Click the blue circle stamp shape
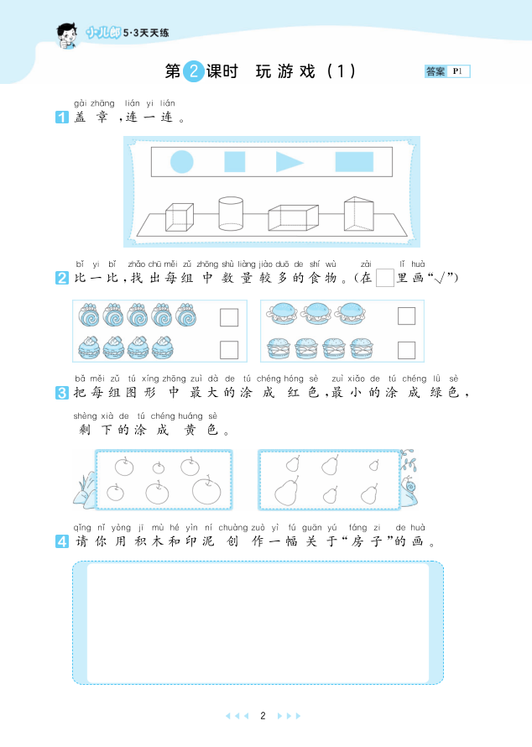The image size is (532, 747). coord(182,161)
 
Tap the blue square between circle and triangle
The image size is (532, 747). coord(235,161)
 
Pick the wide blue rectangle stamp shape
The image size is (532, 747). coord(354,161)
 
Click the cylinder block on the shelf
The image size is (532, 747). coord(231,214)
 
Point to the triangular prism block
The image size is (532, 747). coord(358,213)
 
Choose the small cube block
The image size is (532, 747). coord(180,217)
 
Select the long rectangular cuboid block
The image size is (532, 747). coord(294,218)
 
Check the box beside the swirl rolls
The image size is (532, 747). coord(229,317)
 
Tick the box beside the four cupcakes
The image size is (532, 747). coord(229,350)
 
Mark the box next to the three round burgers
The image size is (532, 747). coord(406,316)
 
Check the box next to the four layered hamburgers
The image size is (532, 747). coord(406,350)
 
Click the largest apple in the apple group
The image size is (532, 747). coord(206,489)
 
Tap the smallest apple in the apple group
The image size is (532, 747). coord(159,468)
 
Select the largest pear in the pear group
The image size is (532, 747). coord(286,491)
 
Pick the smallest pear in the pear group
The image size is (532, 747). coord(374,464)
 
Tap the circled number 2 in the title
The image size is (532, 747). coord(193,71)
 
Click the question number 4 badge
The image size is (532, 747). coord(62,541)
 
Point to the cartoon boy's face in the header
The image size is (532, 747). coord(67,37)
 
